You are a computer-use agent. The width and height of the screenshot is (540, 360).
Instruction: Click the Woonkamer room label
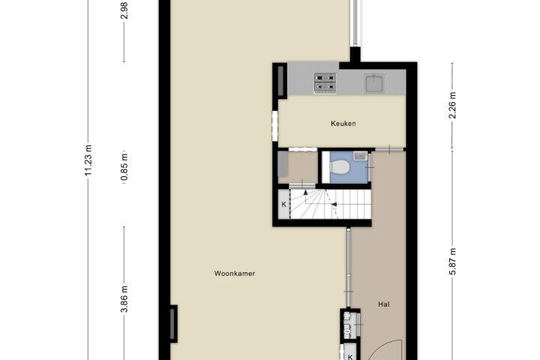point(235,274)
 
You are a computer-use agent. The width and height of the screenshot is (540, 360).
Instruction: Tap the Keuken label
point(343,123)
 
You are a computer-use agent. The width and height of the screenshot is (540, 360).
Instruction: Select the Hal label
point(384,304)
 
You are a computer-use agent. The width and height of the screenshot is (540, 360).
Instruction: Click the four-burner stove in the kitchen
point(325,83)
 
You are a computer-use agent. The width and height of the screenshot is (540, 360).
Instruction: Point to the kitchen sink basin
point(375,83)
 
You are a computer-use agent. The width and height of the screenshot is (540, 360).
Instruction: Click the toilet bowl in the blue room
point(340,167)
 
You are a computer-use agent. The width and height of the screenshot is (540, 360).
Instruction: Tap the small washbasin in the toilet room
point(360,156)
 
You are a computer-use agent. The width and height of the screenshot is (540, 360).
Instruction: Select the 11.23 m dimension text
point(88,160)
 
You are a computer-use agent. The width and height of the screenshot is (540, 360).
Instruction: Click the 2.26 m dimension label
point(452,106)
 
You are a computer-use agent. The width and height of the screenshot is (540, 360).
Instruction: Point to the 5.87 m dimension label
point(452,261)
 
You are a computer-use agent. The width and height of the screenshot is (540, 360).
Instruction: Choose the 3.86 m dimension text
point(124,299)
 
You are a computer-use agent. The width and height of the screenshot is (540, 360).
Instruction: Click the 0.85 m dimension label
point(124,167)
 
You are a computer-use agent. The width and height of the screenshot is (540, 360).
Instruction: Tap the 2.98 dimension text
point(124,10)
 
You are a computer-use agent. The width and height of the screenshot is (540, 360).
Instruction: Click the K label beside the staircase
point(283,205)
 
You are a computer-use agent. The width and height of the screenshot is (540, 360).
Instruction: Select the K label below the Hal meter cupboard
point(350,357)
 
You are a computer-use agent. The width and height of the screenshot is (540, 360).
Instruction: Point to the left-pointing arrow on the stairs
point(334,205)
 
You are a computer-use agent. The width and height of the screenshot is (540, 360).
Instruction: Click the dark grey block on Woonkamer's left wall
point(173,324)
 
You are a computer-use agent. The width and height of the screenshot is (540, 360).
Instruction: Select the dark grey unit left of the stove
point(280,80)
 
